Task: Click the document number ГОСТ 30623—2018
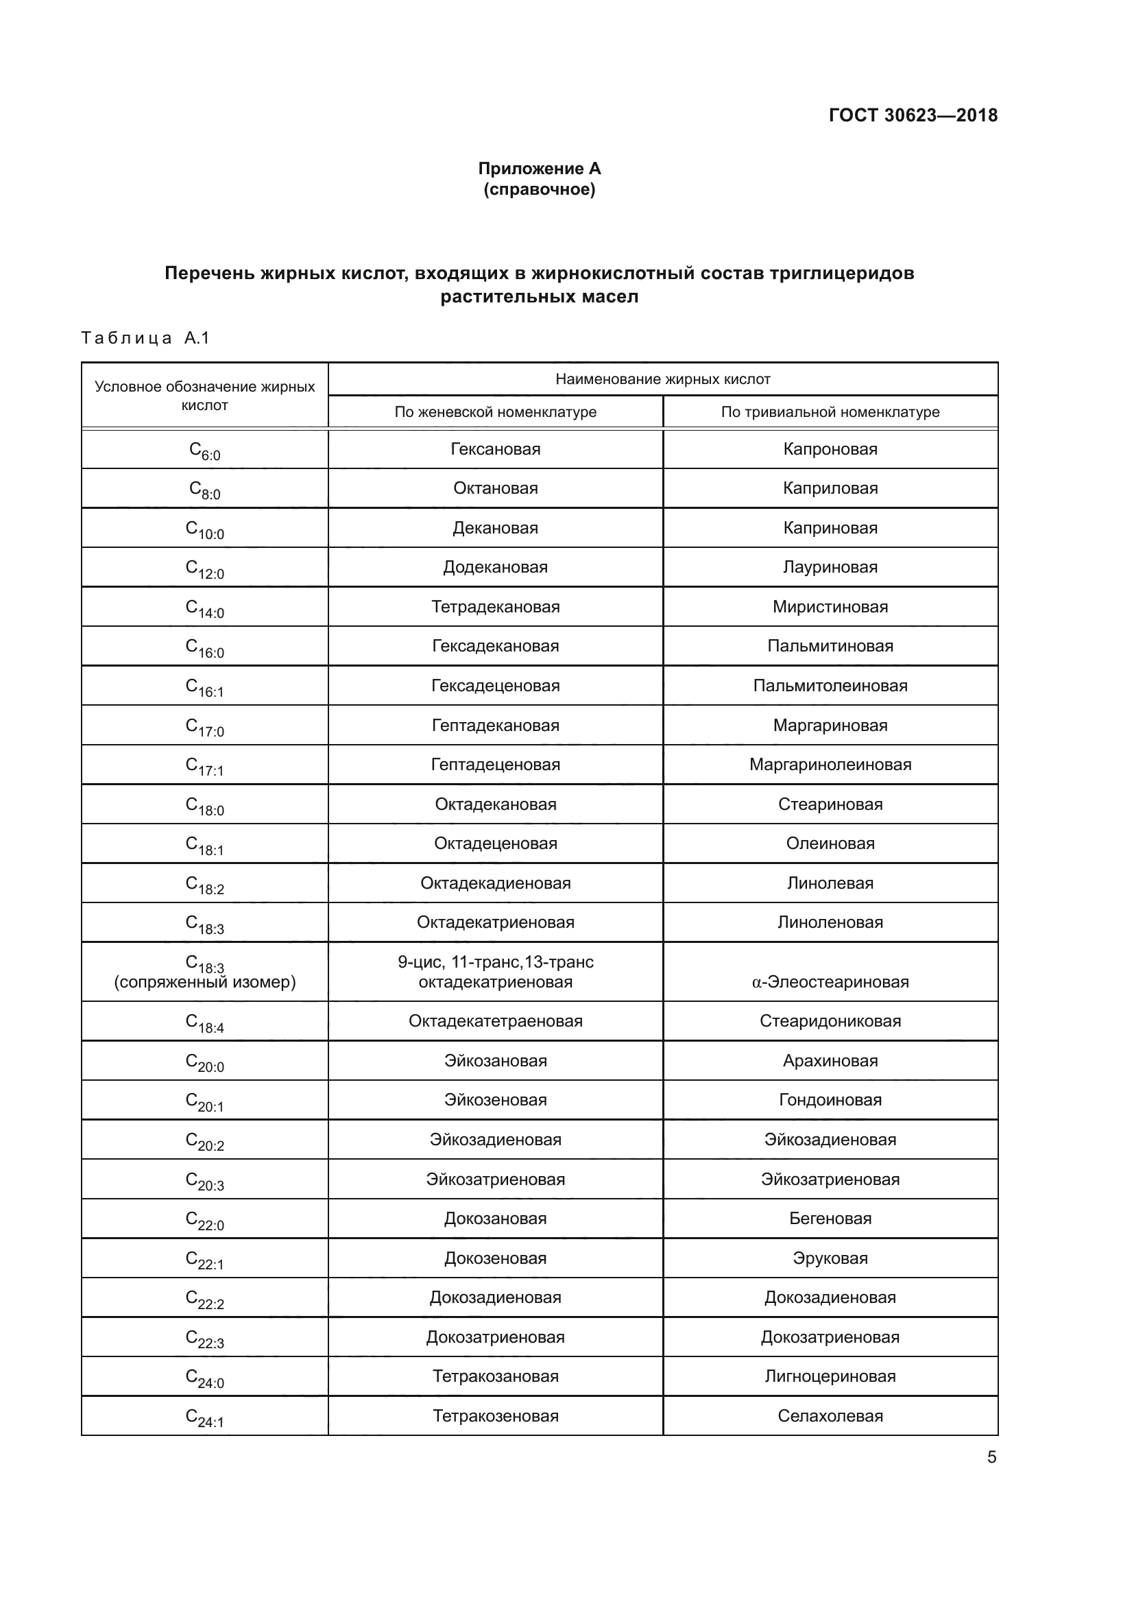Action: [x=913, y=115]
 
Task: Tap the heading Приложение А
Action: [x=539, y=169]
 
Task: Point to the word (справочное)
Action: [x=539, y=189]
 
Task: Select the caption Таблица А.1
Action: [x=145, y=338]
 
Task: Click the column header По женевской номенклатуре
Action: [x=495, y=412]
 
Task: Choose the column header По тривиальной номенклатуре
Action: [x=830, y=412]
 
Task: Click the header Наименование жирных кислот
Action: [x=662, y=379]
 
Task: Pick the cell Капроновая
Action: [x=830, y=449]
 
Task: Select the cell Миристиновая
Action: [x=830, y=607]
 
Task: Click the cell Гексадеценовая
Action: [x=495, y=686]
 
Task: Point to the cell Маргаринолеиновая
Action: [x=830, y=765]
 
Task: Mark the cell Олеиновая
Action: [x=830, y=844]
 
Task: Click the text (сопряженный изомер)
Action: [x=204, y=982]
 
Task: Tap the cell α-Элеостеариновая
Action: [x=830, y=982]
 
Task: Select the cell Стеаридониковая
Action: [x=830, y=1021]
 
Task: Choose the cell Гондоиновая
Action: [x=830, y=1100]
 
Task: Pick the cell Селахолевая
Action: [x=830, y=1416]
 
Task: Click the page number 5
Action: [x=991, y=1457]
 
